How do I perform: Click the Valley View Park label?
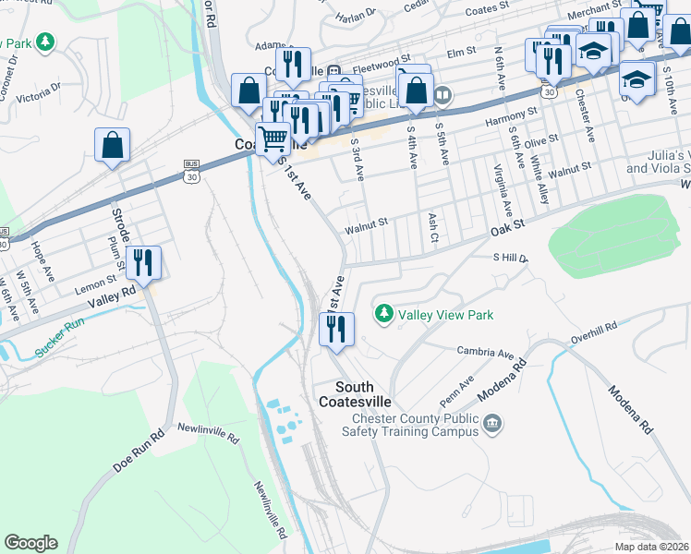click(x=445, y=315)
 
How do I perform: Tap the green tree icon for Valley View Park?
click(x=384, y=315)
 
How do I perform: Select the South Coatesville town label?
click(x=355, y=395)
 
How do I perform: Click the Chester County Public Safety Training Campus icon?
click(x=494, y=423)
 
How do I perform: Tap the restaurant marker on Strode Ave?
click(x=143, y=262)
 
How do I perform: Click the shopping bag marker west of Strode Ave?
click(x=112, y=145)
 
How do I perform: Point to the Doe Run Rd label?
click(x=139, y=451)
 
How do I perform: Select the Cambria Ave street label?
click(x=485, y=352)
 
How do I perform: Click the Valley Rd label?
click(x=112, y=295)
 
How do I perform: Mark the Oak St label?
click(x=507, y=224)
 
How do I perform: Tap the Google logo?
click(x=30, y=543)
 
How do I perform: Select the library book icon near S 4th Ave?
click(x=443, y=95)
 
